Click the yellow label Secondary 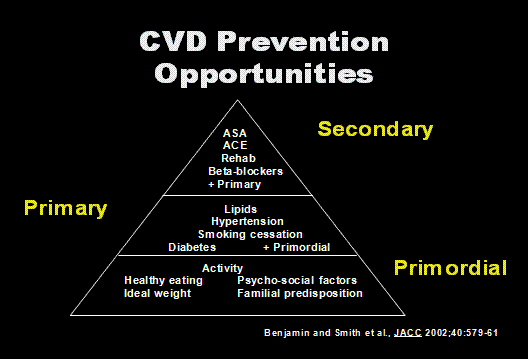[x=375, y=129]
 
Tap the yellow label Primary [x=65, y=208]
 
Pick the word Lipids [x=240, y=208]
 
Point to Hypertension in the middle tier [x=246, y=221]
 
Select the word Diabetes [x=191, y=247]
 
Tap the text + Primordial [x=296, y=247]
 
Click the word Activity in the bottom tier [x=222, y=268]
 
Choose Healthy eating [x=163, y=281]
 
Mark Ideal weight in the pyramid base [x=157, y=294]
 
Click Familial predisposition [x=300, y=294]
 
